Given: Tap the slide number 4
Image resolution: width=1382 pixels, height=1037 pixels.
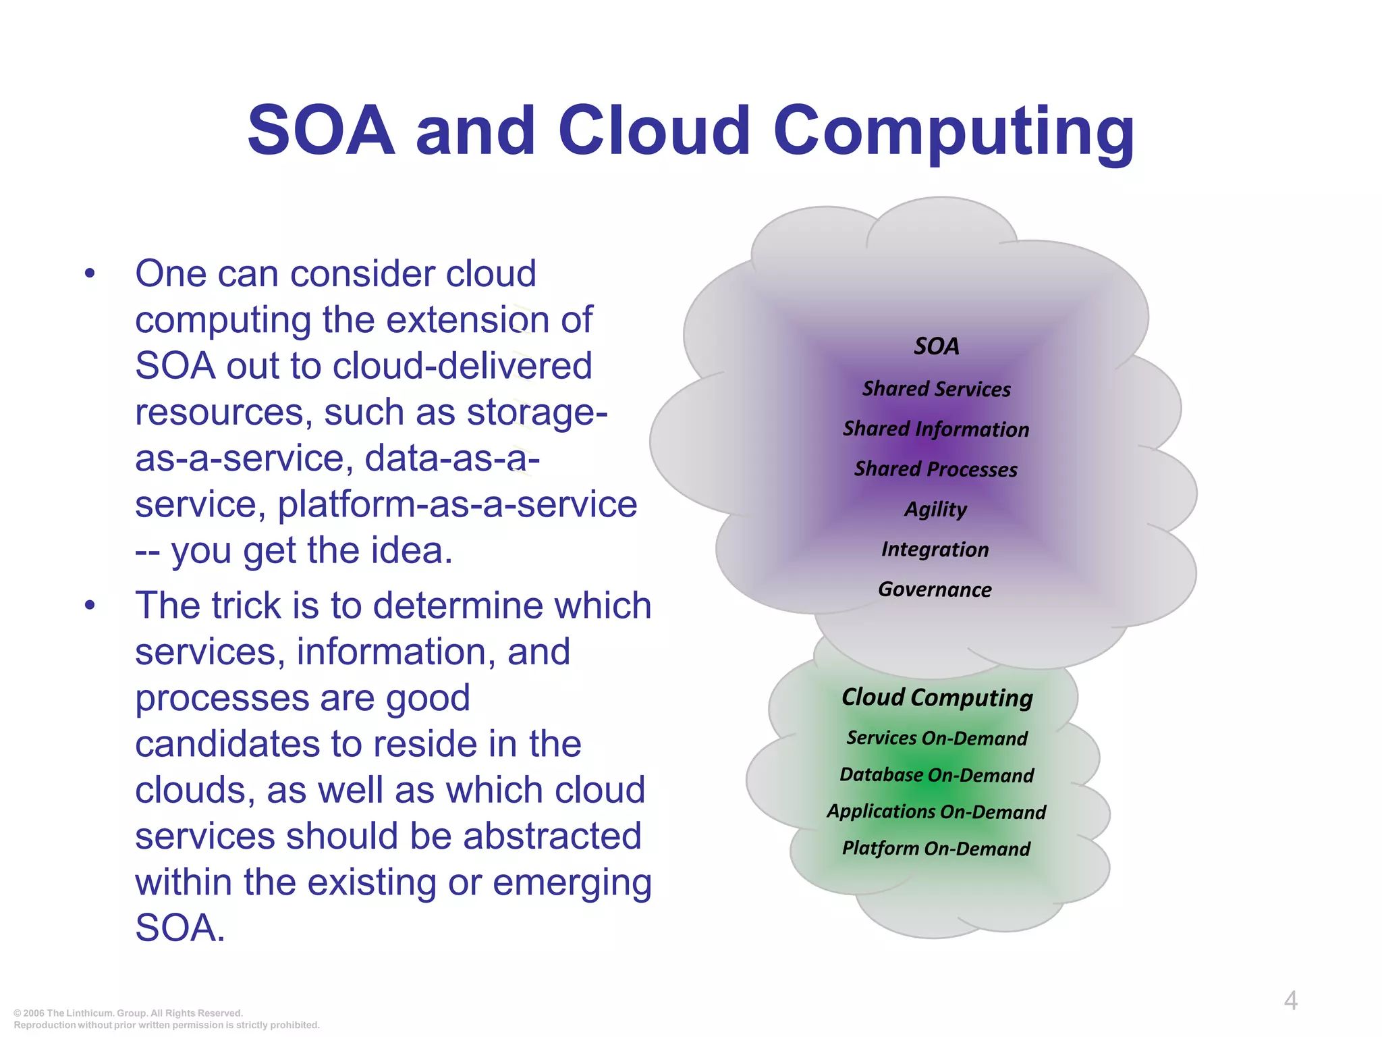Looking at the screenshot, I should (x=1290, y=1000).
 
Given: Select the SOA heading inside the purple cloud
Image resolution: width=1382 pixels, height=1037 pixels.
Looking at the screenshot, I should (x=936, y=346).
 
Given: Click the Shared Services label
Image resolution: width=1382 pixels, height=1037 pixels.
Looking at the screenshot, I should (x=936, y=389).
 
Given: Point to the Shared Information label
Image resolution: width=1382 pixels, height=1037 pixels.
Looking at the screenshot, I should (x=936, y=429).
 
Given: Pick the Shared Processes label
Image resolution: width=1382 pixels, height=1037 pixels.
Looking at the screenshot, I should (x=936, y=469).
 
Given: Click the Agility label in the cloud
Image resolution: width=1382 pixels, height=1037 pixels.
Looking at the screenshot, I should (x=936, y=508).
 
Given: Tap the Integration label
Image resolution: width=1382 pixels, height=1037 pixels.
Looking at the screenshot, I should (x=935, y=549).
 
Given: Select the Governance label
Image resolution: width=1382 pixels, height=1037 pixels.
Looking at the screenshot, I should (x=935, y=589).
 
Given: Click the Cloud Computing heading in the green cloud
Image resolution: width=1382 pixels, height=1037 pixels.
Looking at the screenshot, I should (x=937, y=697).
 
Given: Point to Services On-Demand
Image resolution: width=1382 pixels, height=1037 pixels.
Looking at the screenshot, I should (x=937, y=738).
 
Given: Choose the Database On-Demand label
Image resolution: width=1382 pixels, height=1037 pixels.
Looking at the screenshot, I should (x=937, y=774).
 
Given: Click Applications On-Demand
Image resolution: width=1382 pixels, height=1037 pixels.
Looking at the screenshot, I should (x=937, y=811).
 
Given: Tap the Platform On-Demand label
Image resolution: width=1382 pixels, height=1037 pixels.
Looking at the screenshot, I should (x=937, y=848).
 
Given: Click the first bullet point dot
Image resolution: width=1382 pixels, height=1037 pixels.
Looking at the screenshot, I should (x=90, y=275).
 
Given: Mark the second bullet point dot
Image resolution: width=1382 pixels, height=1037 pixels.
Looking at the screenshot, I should (x=90, y=606).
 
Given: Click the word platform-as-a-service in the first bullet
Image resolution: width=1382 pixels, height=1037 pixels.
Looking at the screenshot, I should (x=457, y=504).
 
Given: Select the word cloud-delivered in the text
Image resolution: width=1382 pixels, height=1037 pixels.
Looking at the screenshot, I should (x=462, y=366).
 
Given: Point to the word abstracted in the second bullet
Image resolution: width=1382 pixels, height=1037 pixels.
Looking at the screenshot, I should (x=551, y=836).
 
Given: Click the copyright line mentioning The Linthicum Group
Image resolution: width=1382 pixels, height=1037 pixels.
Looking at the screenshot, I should (x=128, y=1013).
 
